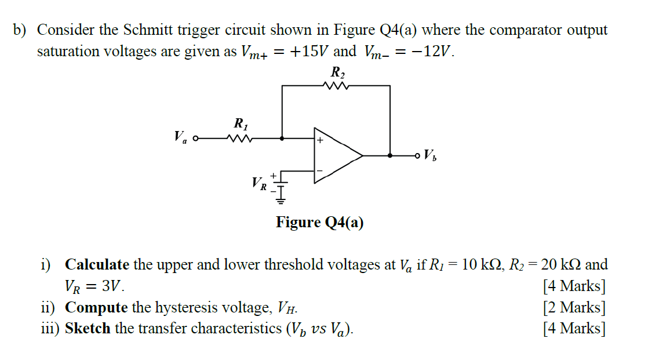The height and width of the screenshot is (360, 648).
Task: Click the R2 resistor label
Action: point(337,72)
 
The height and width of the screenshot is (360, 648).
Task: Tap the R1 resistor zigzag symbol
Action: point(239,139)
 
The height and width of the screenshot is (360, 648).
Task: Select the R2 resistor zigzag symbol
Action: point(337,86)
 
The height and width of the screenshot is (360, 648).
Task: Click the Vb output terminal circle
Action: point(418,155)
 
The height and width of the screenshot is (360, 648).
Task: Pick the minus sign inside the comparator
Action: point(319,171)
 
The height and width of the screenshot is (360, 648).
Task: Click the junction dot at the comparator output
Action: point(390,155)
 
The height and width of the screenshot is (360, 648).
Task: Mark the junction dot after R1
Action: point(282,139)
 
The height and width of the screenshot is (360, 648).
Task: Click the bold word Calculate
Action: point(97,265)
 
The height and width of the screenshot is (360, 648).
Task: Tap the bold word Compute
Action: point(96,307)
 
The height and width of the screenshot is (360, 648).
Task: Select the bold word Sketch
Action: point(88,329)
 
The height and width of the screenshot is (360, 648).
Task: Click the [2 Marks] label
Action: point(574,307)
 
